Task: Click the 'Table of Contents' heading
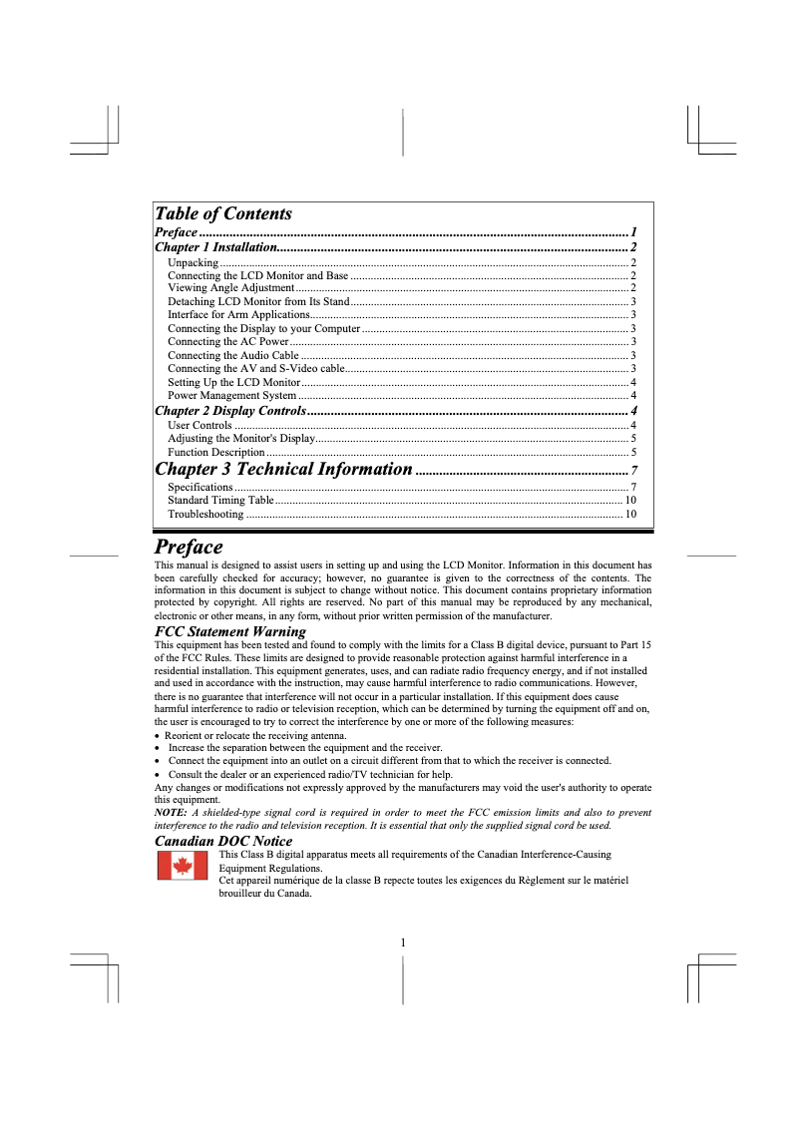click(x=223, y=213)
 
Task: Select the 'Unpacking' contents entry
click(x=194, y=262)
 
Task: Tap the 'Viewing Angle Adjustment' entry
click(x=230, y=288)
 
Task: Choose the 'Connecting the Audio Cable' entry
click(x=232, y=355)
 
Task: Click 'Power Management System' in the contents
click(x=231, y=396)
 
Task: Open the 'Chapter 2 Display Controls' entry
click(x=229, y=411)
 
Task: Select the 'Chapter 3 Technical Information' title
click(x=283, y=469)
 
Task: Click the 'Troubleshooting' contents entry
click(x=205, y=515)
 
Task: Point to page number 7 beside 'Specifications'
click(x=634, y=487)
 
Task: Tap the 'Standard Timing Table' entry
click(x=220, y=500)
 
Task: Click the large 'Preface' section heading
click(x=189, y=547)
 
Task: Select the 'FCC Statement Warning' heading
click(x=230, y=631)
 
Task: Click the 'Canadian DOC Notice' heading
click(x=223, y=841)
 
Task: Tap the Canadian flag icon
click(x=183, y=867)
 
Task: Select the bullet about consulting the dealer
click(x=310, y=775)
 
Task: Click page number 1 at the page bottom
click(x=402, y=942)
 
